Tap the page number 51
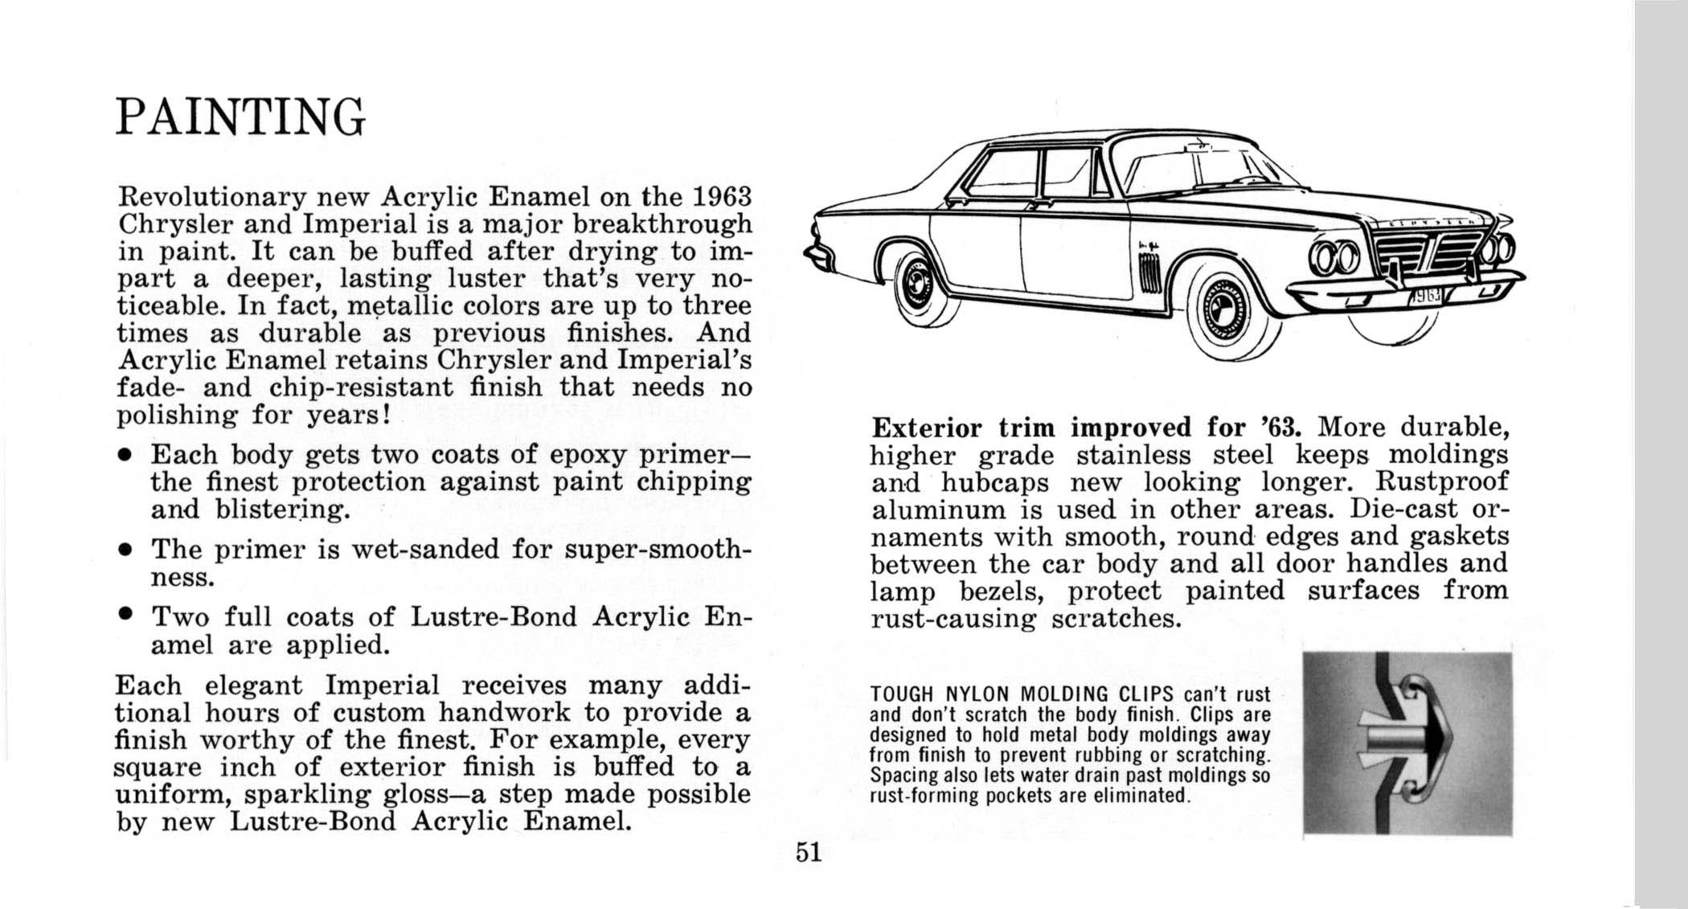809,852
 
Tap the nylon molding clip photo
1407,743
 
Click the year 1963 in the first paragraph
721,196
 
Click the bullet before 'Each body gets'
124,456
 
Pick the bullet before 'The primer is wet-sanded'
124,551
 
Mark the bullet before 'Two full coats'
124,618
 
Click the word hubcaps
995,482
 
